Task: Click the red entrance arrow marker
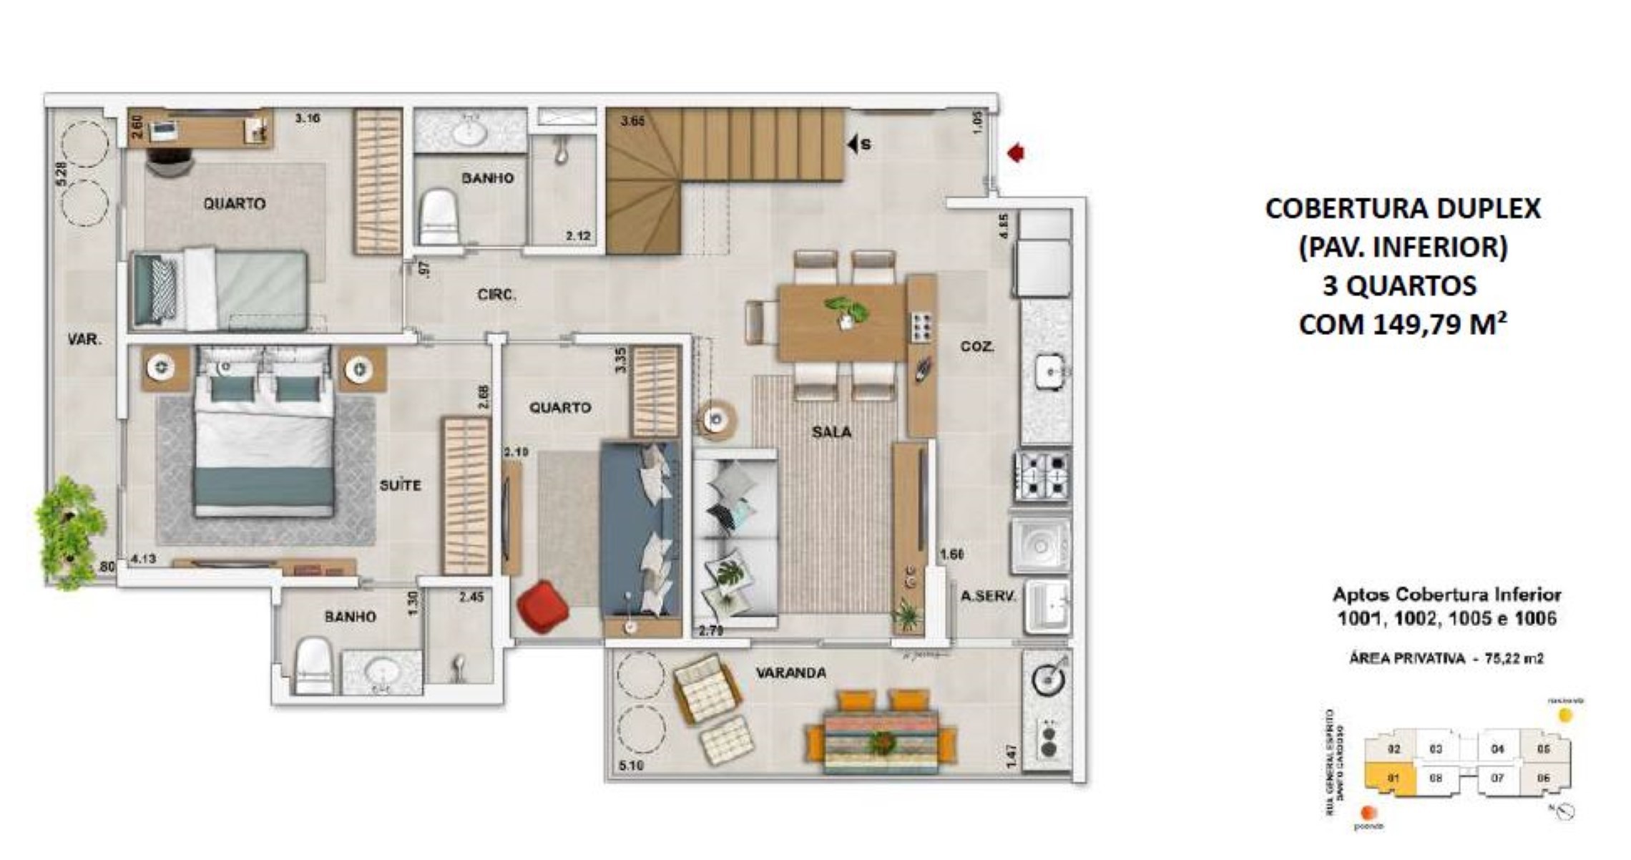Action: (1016, 153)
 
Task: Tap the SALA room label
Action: (831, 432)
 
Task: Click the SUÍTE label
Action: (400, 486)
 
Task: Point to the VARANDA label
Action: (790, 673)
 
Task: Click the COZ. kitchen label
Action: (977, 347)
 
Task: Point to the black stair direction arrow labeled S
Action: (853, 145)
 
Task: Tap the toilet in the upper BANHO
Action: (438, 216)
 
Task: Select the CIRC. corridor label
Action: (496, 295)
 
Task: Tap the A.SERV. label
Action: (988, 596)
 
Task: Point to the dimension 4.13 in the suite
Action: (143, 559)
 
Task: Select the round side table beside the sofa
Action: (714, 420)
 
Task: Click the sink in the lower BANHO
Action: (382, 673)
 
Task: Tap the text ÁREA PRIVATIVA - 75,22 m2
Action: (1446, 659)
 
